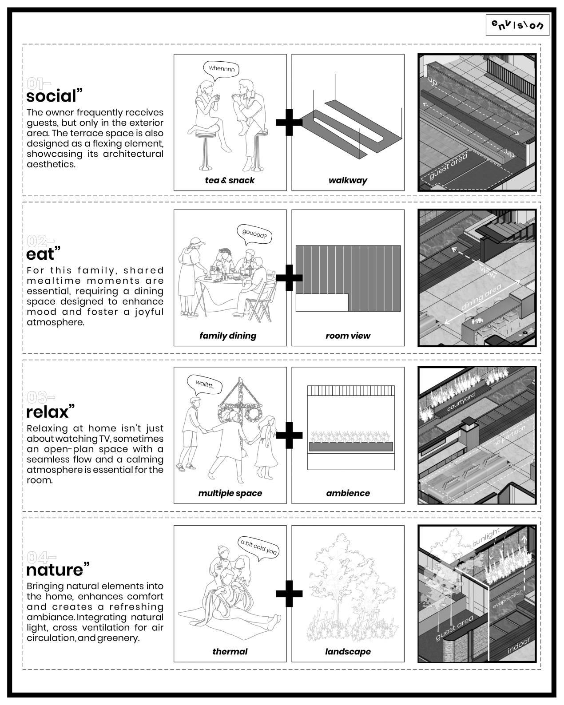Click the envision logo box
click(518, 25)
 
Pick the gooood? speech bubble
click(254, 234)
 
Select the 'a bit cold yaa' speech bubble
click(258, 547)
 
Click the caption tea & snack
click(230, 180)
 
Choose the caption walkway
click(348, 180)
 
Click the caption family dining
click(228, 336)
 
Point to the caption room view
click(348, 336)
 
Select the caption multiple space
click(230, 493)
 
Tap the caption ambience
click(348, 493)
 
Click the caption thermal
click(230, 652)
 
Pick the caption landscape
click(348, 652)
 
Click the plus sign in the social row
click(289, 122)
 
